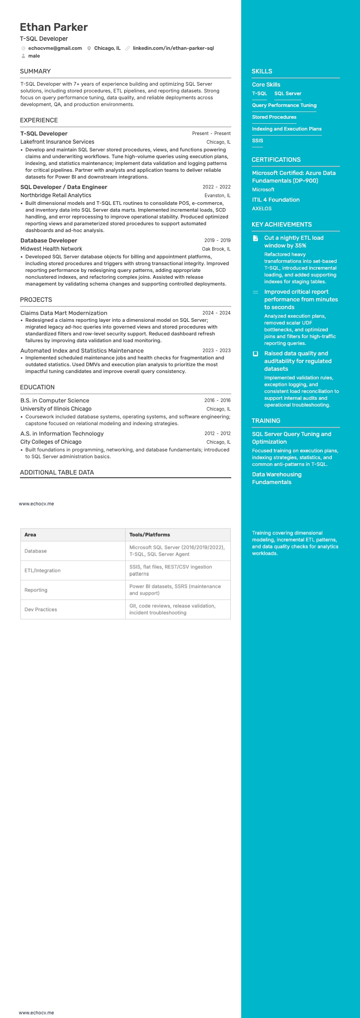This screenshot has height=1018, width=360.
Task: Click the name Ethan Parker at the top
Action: tap(54, 27)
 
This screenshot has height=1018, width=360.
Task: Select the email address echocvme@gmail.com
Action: tap(55, 48)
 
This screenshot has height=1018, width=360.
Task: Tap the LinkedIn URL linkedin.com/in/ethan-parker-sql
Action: tap(173, 48)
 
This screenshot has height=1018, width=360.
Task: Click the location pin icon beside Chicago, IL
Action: tap(89, 48)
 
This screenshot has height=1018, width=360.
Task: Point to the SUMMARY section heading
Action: tap(35, 71)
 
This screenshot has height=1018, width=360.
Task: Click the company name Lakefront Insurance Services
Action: tap(57, 142)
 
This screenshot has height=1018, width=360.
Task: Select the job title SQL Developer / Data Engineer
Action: tap(63, 187)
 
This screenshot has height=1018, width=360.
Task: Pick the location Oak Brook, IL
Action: tap(216, 249)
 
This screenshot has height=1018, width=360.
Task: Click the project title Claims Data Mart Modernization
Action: tap(63, 313)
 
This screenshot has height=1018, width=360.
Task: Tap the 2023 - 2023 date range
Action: tap(216, 350)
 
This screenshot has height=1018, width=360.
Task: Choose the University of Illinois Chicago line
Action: tap(56, 409)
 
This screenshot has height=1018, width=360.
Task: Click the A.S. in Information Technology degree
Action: tap(62, 433)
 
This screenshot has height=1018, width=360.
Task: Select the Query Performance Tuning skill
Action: tap(284, 105)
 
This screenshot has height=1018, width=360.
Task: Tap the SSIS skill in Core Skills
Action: tap(258, 141)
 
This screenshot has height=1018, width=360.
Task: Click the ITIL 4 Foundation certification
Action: tap(276, 199)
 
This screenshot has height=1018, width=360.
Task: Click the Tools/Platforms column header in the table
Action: tap(150, 535)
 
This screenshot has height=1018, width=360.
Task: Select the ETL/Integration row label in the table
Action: tap(43, 571)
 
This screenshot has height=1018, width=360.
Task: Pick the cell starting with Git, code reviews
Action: tap(172, 609)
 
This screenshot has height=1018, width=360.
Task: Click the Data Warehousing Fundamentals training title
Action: tap(277, 478)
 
